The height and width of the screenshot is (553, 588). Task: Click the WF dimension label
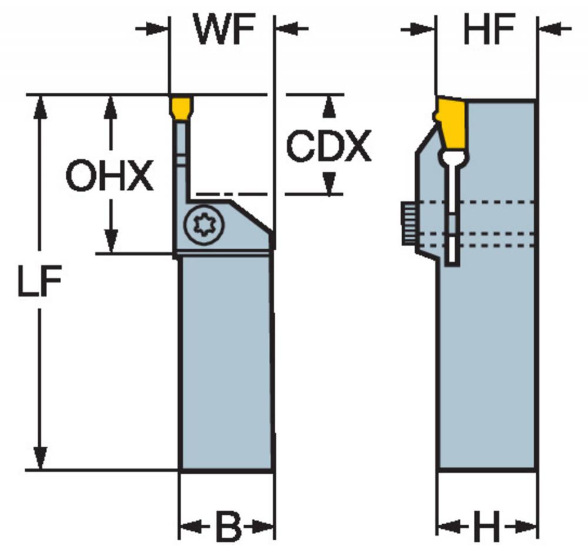tap(225, 29)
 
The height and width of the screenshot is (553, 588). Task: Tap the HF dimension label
tap(489, 29)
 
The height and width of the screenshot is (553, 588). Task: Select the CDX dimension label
tap(329, 146)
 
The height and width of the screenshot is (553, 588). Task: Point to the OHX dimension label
tap(109, 175)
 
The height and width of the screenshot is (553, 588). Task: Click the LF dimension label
tap(39, 280)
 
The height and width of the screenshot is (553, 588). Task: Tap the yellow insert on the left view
tap(181, 108)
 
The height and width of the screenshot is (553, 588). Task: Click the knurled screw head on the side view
tap(409, 223)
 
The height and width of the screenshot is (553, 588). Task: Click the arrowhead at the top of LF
tap(40, 108)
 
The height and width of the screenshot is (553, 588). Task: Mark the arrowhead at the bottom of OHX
tap(111, 241)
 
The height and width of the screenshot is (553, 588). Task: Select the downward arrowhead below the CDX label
tap(329, 183)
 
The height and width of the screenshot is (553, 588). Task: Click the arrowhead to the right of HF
tap(550, 29)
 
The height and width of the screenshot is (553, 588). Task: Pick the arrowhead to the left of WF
tap(156, 29)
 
